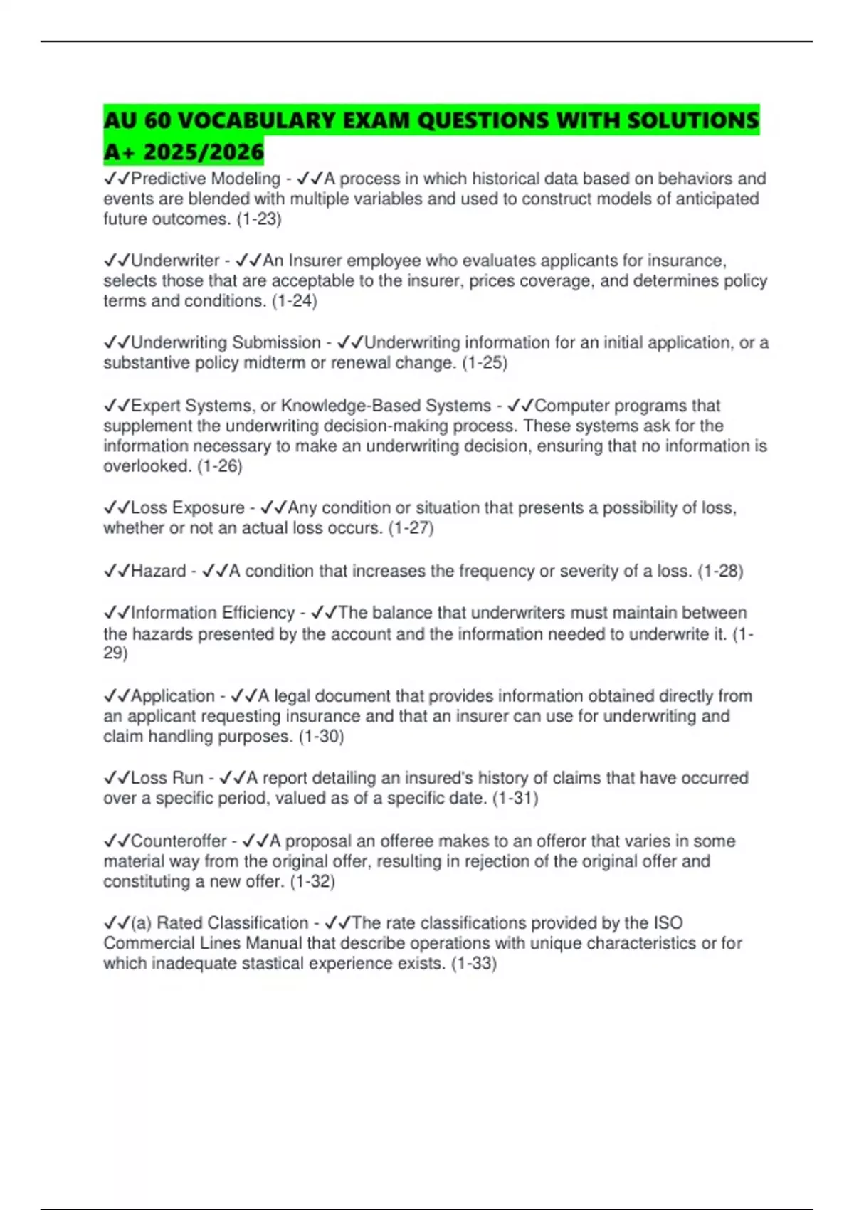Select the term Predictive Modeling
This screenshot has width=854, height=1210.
tap(206, 179)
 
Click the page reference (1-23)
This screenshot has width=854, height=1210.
tap(259, 219)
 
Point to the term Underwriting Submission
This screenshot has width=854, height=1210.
tap(226, 342)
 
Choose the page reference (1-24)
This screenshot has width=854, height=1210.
tap(295, 301)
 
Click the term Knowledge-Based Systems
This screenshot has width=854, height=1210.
tap(386, 406)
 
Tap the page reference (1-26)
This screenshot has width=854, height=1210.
tap(220, 466)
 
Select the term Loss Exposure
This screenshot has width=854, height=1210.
tap(188, 507)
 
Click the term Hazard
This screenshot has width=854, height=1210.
tap(159, 571)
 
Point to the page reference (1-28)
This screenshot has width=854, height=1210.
tap(720, 571)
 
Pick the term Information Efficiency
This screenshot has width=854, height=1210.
tap(213, 613)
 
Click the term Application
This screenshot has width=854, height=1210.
tap(173, 696)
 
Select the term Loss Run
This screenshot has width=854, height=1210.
tap(167, 778)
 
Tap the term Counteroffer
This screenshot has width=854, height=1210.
tap(179, 841)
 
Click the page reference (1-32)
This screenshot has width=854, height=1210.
tap(312, 881)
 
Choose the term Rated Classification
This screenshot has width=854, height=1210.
tap(232, 923)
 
